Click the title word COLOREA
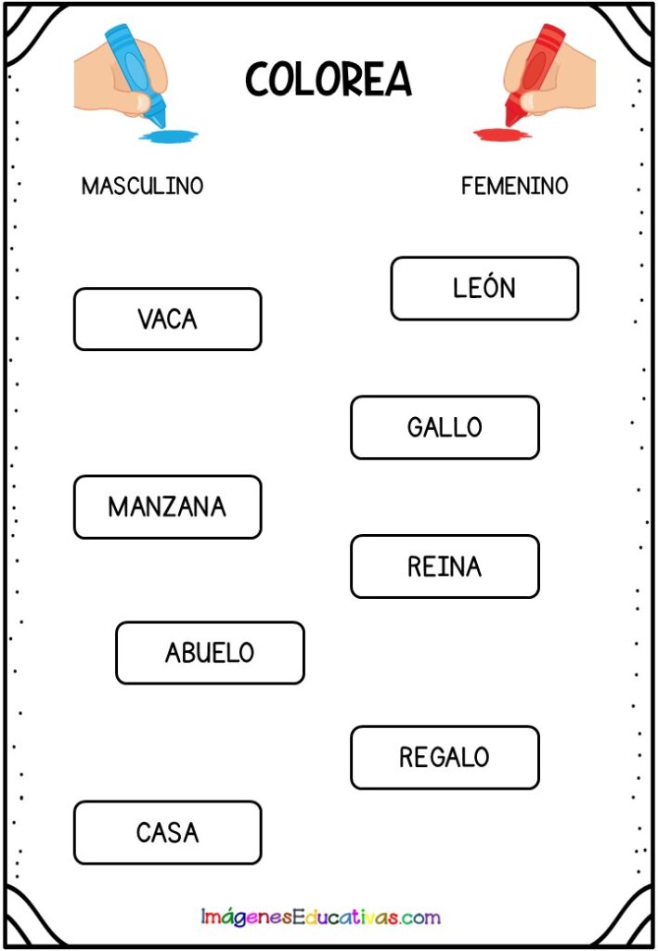(x=329, y=80)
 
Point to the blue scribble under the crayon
(x=168, y=136)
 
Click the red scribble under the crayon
(x=502, y=135)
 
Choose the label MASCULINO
(x=142, y=186)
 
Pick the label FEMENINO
(x=514, y=186)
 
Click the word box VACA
(x=168, y=319)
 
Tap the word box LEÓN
(x=484, y=289)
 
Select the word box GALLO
(x=445, y=427)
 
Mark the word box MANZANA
(x=168, y=507)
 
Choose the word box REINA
(x=445, y=567)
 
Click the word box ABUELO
(x=211, y=653)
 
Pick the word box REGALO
(x=445, y=758)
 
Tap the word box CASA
(x=168, y=833)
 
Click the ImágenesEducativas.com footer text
(x=320, y=917)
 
